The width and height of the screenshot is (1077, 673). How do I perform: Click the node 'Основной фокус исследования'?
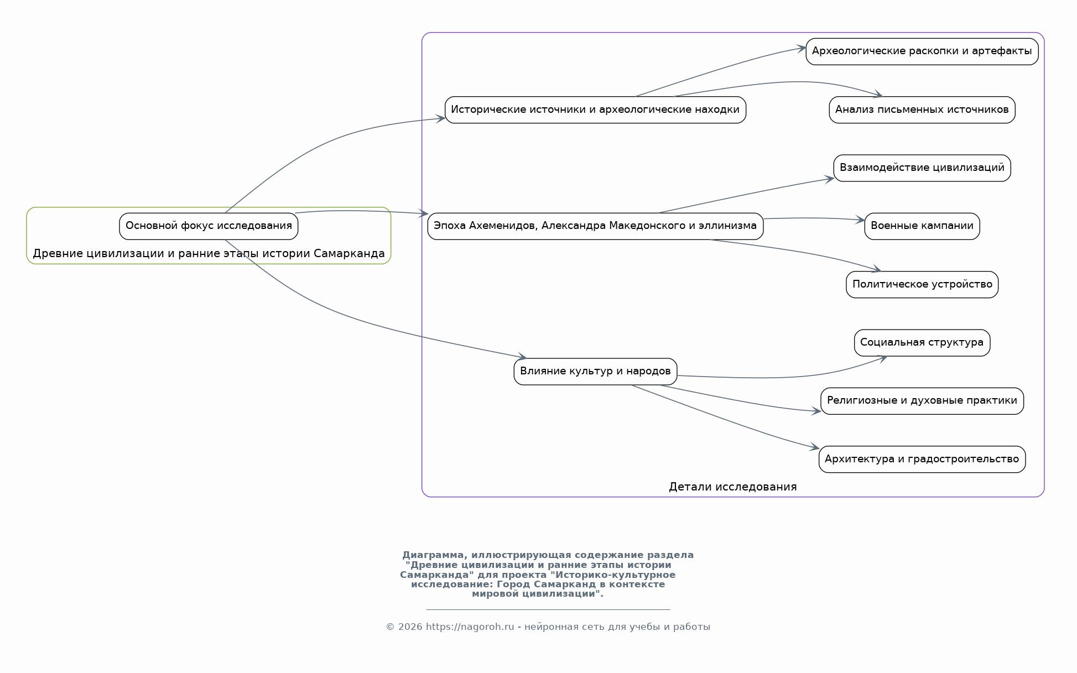[x=209, y=226]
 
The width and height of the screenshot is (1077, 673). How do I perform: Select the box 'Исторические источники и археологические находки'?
[x=595, y=110]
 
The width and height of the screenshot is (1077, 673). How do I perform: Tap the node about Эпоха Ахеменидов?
[x=595, y=226]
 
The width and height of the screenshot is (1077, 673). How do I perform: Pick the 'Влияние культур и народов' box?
[x=595, y=372]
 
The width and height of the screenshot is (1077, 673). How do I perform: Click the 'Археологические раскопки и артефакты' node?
[x=922, y=51]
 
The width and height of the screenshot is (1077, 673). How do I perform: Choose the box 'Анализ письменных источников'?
[x=922, y=110]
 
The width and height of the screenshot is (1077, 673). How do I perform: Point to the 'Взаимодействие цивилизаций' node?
[x=922, y=168]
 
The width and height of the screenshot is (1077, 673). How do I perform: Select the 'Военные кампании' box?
[x=922, y=226]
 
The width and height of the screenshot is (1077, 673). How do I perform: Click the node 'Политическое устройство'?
[x=922, y=285]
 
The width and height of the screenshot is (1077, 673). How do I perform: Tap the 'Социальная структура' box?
[x=922, y=343]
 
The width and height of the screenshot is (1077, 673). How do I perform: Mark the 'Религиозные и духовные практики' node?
[x=922, y=401]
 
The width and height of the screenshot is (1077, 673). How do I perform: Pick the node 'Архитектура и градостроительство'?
[x=922, y=460]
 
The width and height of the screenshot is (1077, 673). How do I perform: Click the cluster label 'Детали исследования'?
[x=732, y=487]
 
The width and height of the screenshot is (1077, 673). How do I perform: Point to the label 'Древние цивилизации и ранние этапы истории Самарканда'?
[x=209, y=254]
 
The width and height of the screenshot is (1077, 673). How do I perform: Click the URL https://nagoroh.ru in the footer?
[x=470, y=627]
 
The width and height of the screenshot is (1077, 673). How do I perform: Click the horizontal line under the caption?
[x=548, y=610]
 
